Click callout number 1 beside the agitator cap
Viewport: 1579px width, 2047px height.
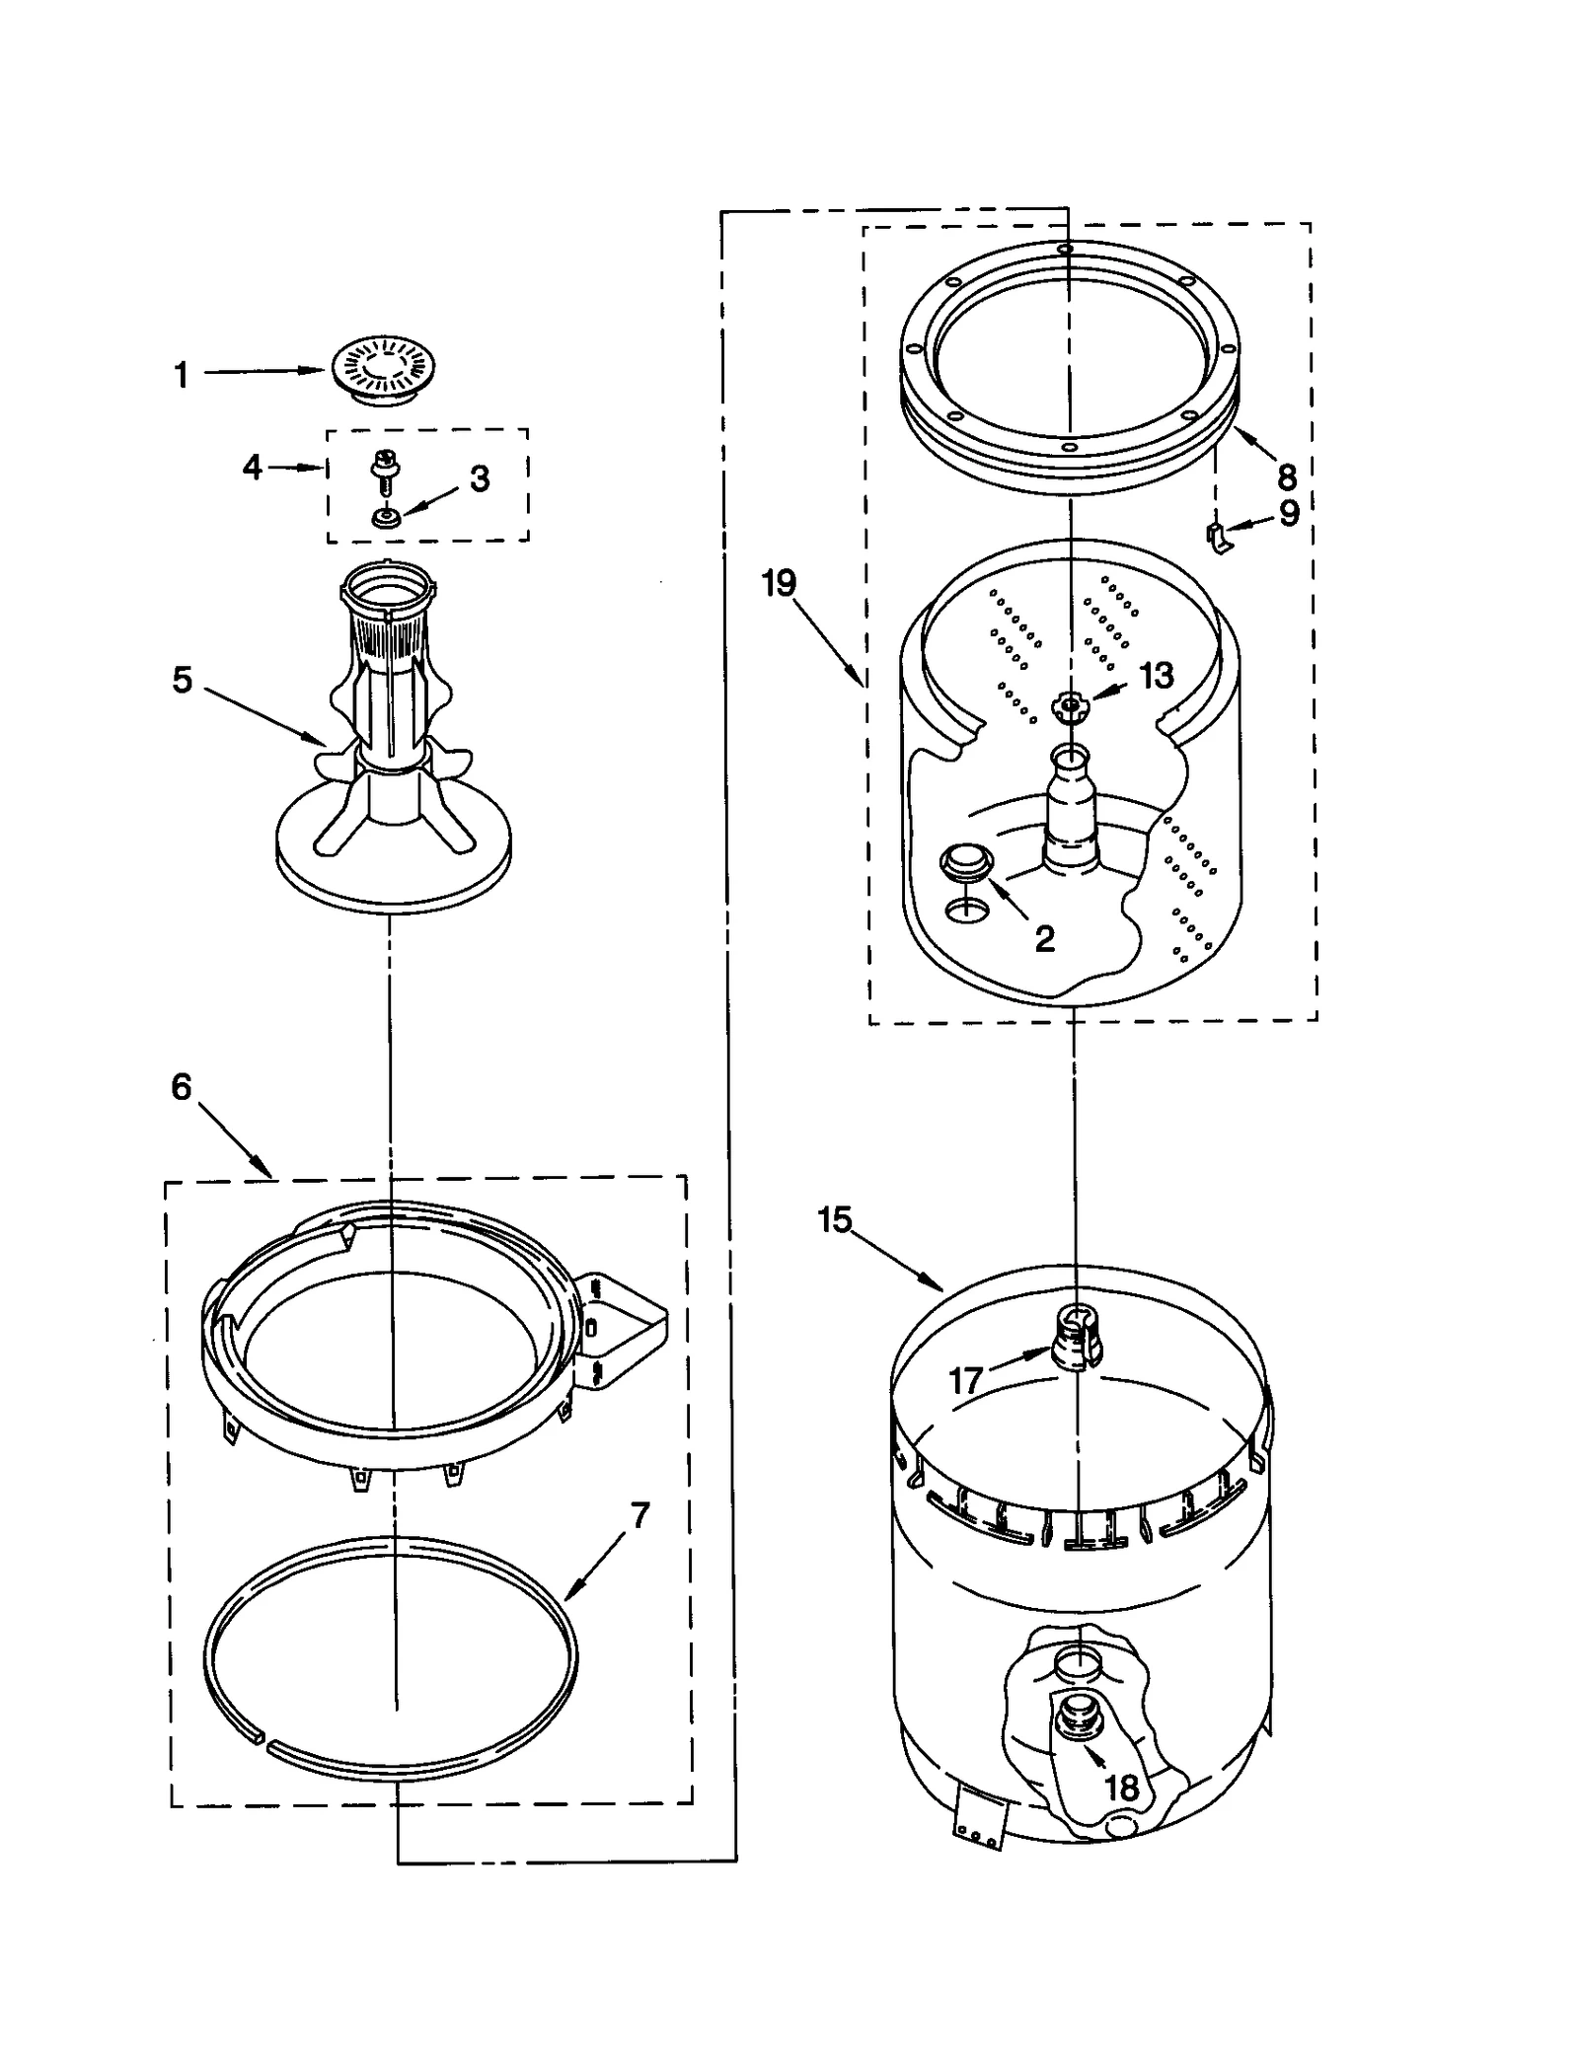182,375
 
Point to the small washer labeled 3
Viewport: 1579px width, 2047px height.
386,516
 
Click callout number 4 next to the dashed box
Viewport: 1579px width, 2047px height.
253,467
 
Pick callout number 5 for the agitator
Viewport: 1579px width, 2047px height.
183,680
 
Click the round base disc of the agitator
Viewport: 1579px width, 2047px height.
393,868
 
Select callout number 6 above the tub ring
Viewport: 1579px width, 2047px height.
182,1087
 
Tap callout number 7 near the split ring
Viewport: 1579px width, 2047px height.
639,1515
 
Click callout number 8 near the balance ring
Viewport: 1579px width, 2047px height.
1286,476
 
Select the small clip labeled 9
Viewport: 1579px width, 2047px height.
1220,538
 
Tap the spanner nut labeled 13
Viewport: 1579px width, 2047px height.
1068,705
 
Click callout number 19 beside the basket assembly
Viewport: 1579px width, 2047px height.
779,583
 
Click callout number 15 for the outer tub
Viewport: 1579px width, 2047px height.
834,1220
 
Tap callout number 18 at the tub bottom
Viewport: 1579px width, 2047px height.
1121,1788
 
